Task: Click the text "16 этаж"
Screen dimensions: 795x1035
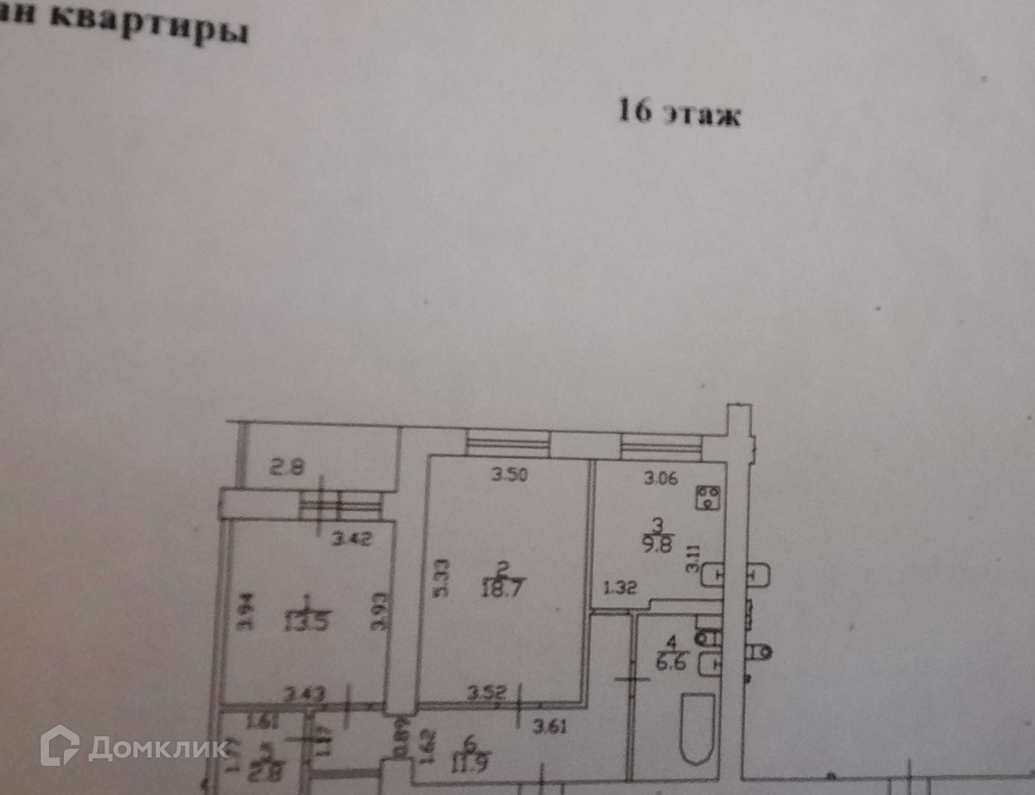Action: pos(679,112)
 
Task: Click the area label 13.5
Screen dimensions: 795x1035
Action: pos(306,619)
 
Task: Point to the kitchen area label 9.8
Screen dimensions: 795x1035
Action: pos(659,543)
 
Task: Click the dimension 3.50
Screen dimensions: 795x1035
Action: pos(509,475)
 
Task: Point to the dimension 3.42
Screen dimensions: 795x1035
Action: pos(351,540)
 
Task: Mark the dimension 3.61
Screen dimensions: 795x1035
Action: pos(551,728)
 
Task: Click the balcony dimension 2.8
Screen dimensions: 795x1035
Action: pos(287,468)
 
